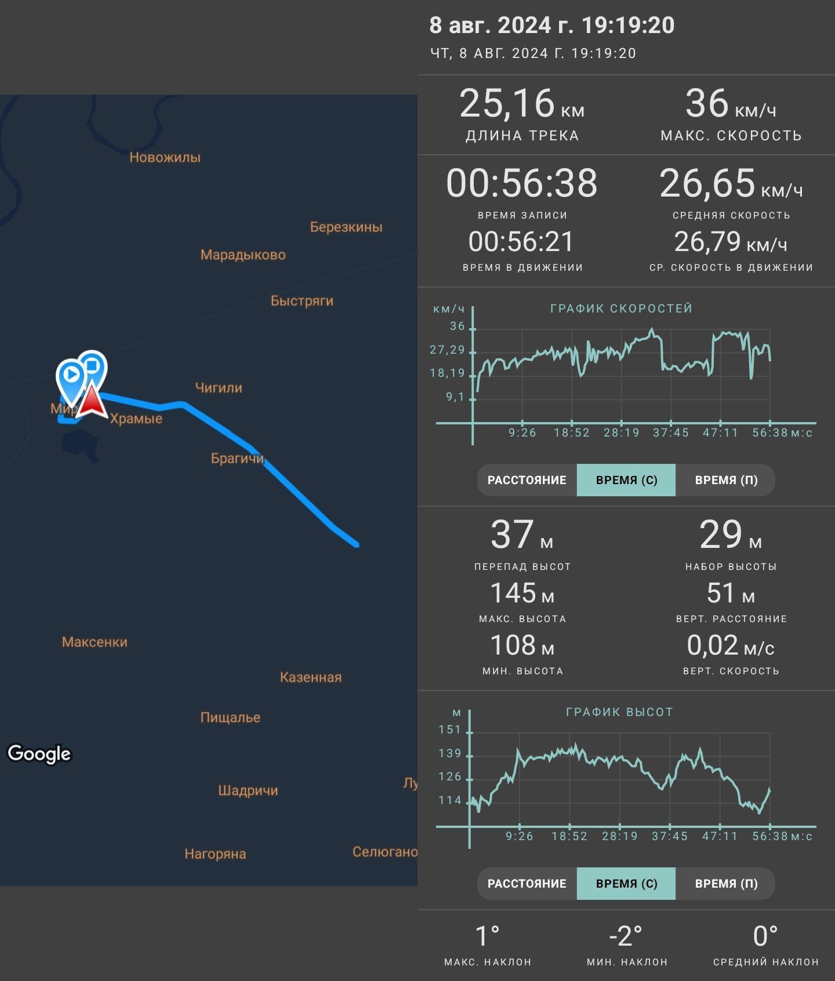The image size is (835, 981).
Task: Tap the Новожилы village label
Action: (x=165, y=157)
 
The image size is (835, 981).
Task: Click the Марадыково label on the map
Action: (x=243, y=255)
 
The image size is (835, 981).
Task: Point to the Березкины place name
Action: (x=346, y=227)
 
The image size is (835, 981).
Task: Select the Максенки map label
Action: (x=95, y=642)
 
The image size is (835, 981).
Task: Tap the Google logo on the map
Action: (x=39, y=754)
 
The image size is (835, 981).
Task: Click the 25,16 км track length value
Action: (x=522, y=104)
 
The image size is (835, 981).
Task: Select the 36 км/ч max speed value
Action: (x=731, y=104)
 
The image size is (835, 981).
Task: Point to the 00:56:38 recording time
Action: (x=522, y=183)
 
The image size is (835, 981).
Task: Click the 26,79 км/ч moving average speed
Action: (x=731, y=242)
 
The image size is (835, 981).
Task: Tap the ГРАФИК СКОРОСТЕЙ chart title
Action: (x=622, y=308)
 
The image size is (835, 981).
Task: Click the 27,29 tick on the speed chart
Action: (x=447, y=350)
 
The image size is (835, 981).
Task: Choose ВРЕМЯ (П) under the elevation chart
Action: (x=726, y=884)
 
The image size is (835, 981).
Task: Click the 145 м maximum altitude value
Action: (x=522, y=594)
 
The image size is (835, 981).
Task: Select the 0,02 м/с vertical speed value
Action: (x=731, y=646)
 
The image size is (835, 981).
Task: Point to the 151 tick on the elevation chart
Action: (x=449, y=729)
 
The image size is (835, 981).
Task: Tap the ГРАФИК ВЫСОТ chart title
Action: (x=619, y=712)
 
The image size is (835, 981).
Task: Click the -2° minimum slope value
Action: (x=626, y=936)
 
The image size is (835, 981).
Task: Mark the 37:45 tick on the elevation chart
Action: (x=670, y=836)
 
